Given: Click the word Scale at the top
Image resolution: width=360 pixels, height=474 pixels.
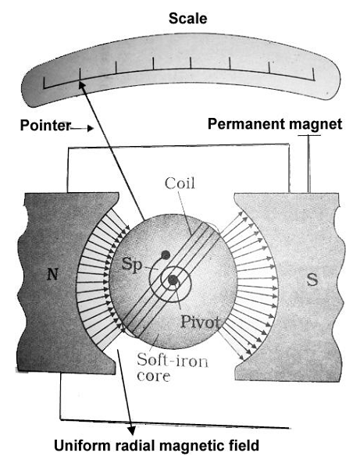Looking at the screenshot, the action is (x=187, y=19).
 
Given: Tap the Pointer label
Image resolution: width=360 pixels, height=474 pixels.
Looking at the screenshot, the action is (x=45, y=125).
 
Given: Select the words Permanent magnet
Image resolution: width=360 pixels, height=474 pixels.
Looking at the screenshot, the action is (x=275, y=124).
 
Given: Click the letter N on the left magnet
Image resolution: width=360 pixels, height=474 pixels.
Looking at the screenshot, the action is (x=52, y=275).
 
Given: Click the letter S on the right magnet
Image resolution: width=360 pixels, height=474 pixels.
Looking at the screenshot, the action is (x=312, y=280).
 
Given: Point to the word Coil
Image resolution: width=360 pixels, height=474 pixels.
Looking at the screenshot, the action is (x=180, y=184).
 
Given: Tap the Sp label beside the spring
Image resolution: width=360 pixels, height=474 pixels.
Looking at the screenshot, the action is (x=132, y=265).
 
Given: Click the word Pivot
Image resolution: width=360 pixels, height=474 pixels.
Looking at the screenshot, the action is (x=200, y=322).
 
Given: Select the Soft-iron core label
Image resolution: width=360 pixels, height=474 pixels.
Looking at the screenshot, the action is (x=173, y=367).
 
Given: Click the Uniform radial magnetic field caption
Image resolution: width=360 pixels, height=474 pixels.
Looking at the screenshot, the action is (x=157, y=446).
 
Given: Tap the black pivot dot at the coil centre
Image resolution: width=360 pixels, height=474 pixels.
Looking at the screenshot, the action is (x=173, y=280).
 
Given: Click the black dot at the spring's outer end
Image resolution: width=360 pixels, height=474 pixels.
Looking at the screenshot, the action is (x=166, y=255).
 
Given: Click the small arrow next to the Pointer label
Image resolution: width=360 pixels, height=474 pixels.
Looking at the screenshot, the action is (x=82, y=129).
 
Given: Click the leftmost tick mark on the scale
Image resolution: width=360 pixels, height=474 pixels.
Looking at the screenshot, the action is (x=45, y=83).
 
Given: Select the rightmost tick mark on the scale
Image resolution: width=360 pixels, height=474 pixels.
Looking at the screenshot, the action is (x=313, y=74).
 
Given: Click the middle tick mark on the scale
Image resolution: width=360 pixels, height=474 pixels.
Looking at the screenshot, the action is (x=191, y=63).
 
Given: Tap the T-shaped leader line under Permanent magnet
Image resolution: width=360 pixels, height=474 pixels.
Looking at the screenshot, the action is (x=309, y=163).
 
